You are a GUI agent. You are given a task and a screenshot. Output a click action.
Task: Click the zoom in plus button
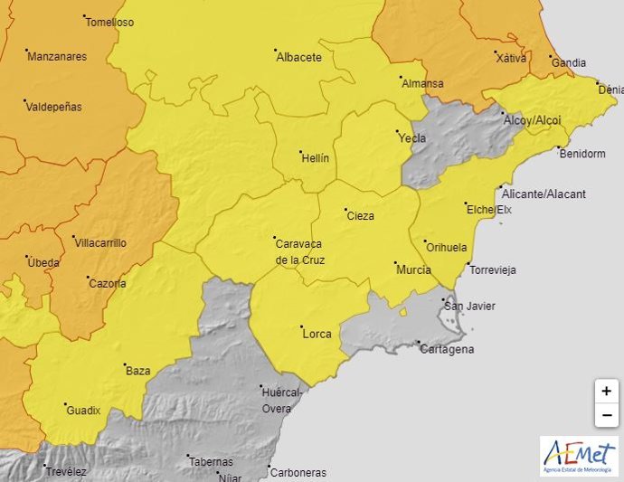click(606, 392)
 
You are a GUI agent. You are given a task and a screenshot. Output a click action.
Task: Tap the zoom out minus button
click(606, 415)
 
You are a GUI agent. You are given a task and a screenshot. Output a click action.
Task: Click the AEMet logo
click(579, 456)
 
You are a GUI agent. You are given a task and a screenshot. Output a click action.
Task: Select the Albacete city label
click(298, 57)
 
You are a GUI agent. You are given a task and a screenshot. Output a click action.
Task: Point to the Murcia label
click(413, 269)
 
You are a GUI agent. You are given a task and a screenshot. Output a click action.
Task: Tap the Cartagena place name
click(449, 349)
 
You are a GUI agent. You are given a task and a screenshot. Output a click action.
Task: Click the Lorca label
click(317, 334)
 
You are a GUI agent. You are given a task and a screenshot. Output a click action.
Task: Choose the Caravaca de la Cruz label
click(299, 250)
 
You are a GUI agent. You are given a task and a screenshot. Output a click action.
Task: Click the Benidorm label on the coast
click(582, 154)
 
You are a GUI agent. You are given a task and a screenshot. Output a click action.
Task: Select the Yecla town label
click(411, 138)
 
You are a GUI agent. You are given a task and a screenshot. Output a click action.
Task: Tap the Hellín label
click(315, 157)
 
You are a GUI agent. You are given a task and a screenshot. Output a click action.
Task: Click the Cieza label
click(359, 215)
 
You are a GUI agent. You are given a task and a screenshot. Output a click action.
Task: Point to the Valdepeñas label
click(53, 107)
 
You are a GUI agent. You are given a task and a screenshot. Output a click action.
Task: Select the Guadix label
click(83, 410)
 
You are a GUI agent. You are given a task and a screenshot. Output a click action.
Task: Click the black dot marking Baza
click(125, 364)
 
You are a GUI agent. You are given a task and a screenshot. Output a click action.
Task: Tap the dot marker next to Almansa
click(401, 78)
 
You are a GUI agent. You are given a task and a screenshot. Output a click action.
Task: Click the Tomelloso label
click(109, 23)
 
